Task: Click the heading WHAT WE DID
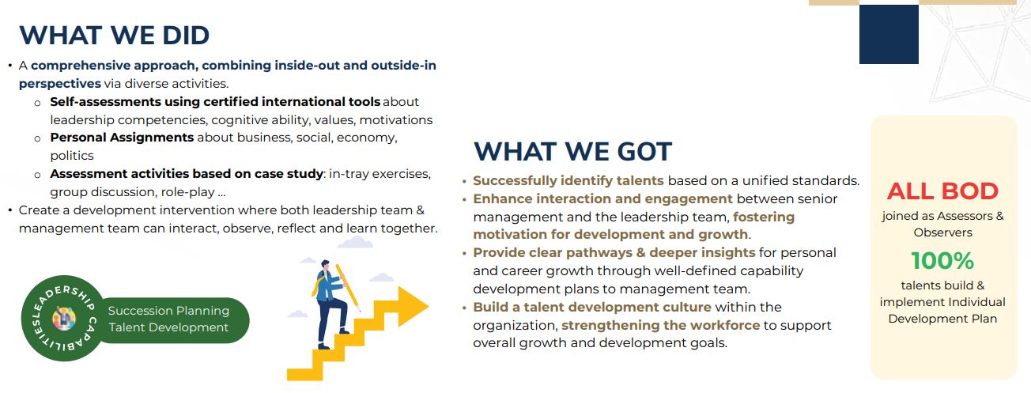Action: (114, 36)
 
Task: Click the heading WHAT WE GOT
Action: (572, 151)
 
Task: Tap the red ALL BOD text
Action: (942, 191)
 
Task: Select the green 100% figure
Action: (942, 260)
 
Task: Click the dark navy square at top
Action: (889, 34)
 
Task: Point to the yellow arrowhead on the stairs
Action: (413, 306)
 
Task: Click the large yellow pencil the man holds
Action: (348, 287)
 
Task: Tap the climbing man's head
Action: (325, 265)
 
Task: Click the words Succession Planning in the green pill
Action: (168, 311)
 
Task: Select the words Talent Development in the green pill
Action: (168, 327)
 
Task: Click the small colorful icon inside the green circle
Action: (64, 318)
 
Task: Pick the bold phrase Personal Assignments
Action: (122, 138)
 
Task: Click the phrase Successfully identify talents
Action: (568, 181)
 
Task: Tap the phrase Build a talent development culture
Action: (592, 307)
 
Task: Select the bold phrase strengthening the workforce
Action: (660, 325)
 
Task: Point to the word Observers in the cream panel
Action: (942, 232)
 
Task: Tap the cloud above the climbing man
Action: (355, 243)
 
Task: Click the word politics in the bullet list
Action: (72, 156)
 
